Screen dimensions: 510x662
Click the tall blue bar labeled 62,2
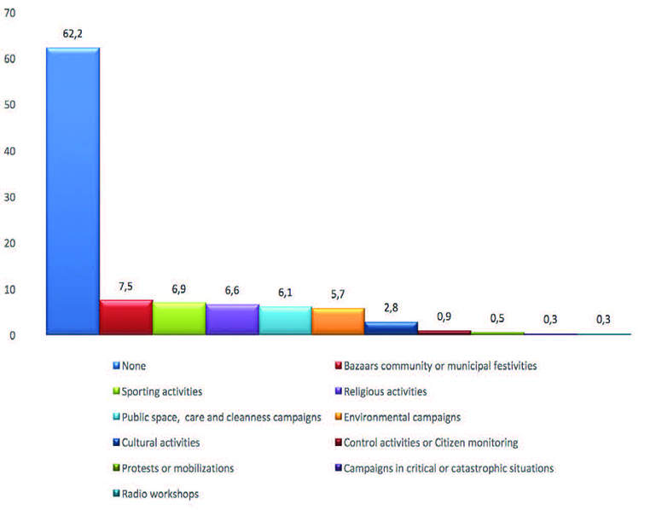click(73, 192)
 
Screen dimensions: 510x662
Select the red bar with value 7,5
click(125, 317)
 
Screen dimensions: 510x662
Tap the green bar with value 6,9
click(178, 319)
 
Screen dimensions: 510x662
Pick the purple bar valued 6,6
click(232, 320)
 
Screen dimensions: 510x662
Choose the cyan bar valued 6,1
click(285, 321)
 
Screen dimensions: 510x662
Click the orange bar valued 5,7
click(338, 322)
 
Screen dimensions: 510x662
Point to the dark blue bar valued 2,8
click(391, 328)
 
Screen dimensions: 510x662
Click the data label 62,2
click(73, 35)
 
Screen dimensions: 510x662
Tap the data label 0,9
click(444, 316)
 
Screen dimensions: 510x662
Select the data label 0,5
click(497, 318)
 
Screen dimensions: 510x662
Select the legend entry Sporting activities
click(163, 391)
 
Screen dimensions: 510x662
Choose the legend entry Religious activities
click(386, 391)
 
